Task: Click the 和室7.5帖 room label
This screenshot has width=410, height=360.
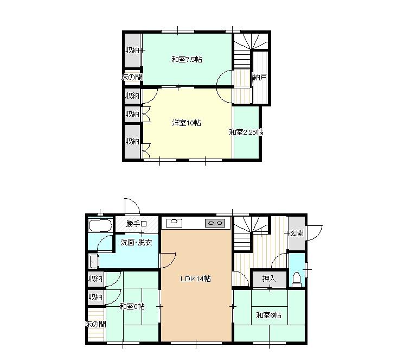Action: pos(187,59)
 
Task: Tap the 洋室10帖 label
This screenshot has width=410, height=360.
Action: pos(187,123)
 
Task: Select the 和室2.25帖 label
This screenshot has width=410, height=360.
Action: pos(246,132)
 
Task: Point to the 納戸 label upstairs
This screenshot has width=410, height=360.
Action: pos(260,77)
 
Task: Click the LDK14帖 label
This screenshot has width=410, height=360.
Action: pos(196,279)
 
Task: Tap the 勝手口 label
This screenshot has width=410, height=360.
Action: pos(136,224)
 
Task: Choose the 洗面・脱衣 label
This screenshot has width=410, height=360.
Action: pos(136,242)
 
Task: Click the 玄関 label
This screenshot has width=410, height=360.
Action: pos(297,233)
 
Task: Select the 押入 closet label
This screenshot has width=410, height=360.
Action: pos(269,279)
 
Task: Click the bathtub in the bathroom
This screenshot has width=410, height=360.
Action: pos(100,225)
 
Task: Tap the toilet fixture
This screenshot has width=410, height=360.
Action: pos(297,279)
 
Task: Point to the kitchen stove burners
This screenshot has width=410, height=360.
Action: pos(215,223)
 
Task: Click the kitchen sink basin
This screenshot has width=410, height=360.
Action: pos(174,223)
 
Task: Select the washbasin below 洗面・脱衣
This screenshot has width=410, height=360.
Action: pos(94,261)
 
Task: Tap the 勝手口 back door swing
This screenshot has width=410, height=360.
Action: pos(132,206)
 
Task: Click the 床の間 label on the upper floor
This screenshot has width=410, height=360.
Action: pos(132,77)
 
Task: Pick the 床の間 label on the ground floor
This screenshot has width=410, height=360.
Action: pos(95,324)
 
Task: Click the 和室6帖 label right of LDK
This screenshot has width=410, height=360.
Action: pos(269,315)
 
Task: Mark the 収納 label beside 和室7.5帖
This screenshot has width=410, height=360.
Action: pos(132,50)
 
